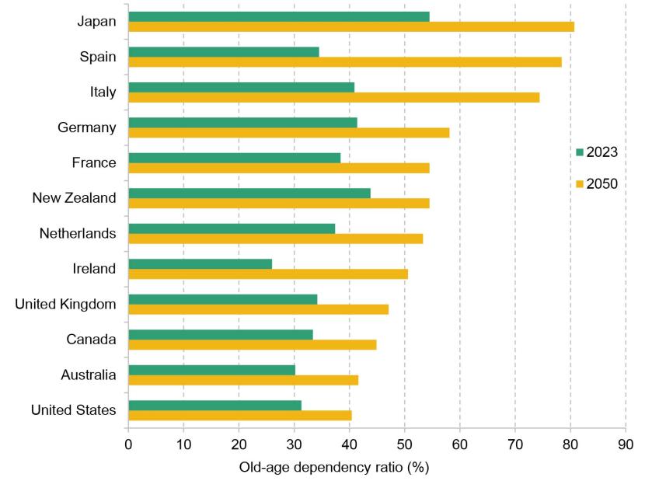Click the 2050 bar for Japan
[x=350, y=26]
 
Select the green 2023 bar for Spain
[x=223, y=51]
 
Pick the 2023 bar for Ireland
[x=200, y=263]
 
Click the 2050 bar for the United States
[x=239, y=415]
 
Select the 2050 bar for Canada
[x=252, y=344]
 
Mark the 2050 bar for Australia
[x=243, y=380]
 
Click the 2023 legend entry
[x=596, y=152]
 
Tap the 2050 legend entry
[x=596, y=184]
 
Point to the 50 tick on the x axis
[x=404, y=445]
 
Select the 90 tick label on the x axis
[x=625, y=445]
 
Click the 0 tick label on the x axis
[x=128, y=445]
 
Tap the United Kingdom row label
[x=65, y=304]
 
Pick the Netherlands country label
[x=78, y=233]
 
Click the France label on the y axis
[x=93, y=162]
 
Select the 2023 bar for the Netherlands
[x=232, y=228]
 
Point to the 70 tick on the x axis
[x=514, y=445]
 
